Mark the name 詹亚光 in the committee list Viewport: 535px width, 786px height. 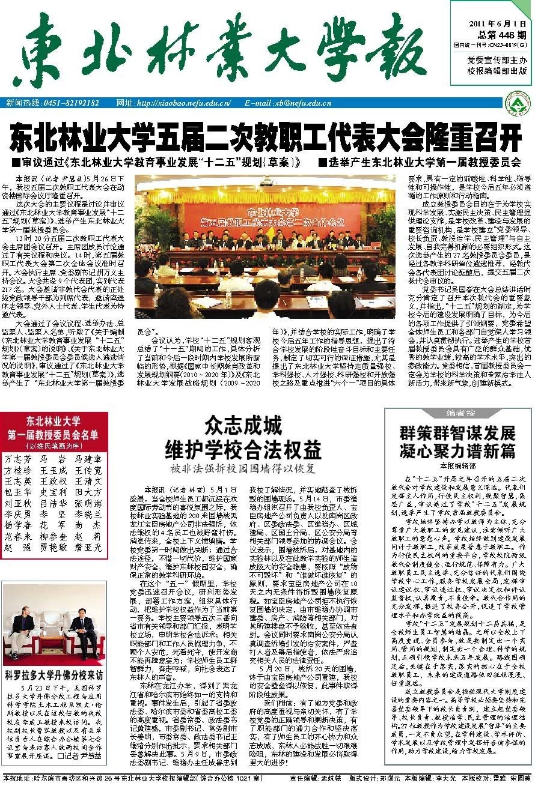click(x=88, y=548)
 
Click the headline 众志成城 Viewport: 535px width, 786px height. click(x=243, y=427)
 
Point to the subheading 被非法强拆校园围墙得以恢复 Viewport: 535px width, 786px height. click(x=243, y=468)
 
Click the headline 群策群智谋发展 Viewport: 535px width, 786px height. click(x=458, y=434)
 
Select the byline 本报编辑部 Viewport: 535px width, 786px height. click(x=458, y=465)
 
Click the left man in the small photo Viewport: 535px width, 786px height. click(x=23, y=627)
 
